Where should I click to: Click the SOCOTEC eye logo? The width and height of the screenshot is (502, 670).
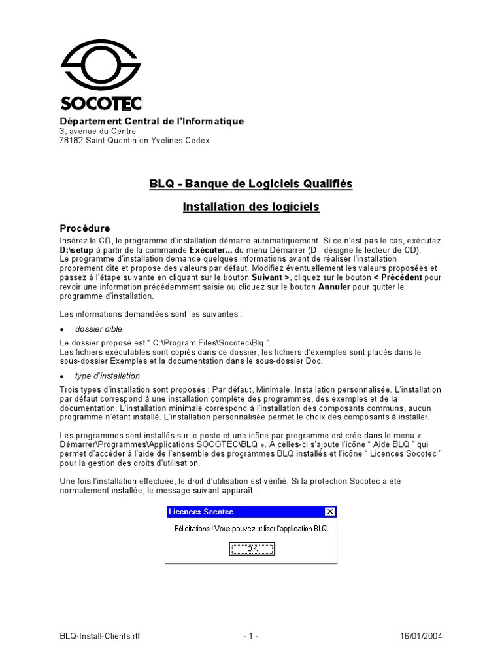100,65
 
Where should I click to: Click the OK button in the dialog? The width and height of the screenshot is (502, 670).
252,549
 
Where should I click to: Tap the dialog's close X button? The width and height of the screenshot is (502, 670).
329,512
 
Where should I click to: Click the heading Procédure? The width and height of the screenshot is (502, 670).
86,228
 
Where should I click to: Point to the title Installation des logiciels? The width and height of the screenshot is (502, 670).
251,207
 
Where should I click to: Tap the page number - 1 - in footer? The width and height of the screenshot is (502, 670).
251,636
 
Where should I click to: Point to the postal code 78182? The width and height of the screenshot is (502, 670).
71,140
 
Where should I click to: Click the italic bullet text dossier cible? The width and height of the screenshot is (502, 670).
98,328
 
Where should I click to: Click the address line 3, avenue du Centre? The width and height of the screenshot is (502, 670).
97,131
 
